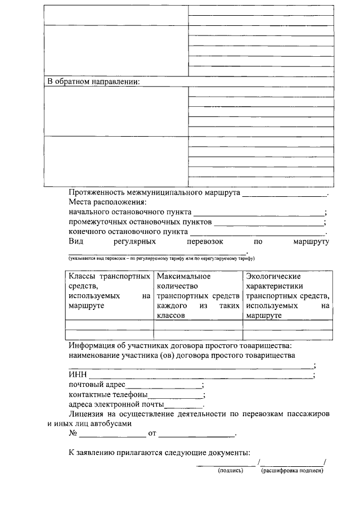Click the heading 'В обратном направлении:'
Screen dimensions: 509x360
[x=93, y=82]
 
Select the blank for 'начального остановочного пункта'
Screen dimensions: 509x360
[x=258, y=213]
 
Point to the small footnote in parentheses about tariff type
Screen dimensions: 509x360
[x=162, y=258]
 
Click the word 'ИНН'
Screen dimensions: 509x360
[x=77, y=376]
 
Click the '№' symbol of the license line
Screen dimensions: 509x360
[x=73, y=434]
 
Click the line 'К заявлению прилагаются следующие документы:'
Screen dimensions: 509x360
[x=159, y=452]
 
